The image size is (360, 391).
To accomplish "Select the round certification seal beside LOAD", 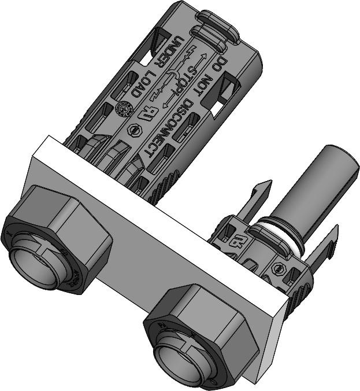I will [123, 108].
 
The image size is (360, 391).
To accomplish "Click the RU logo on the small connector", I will [237, 237].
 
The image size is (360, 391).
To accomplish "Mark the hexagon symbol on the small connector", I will [281, 269].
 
